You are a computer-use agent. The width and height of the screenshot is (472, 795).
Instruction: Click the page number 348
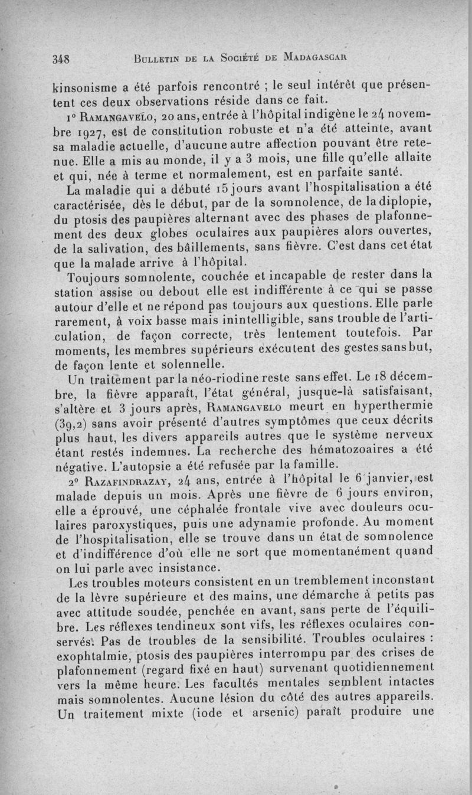(x=61, y=59)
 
